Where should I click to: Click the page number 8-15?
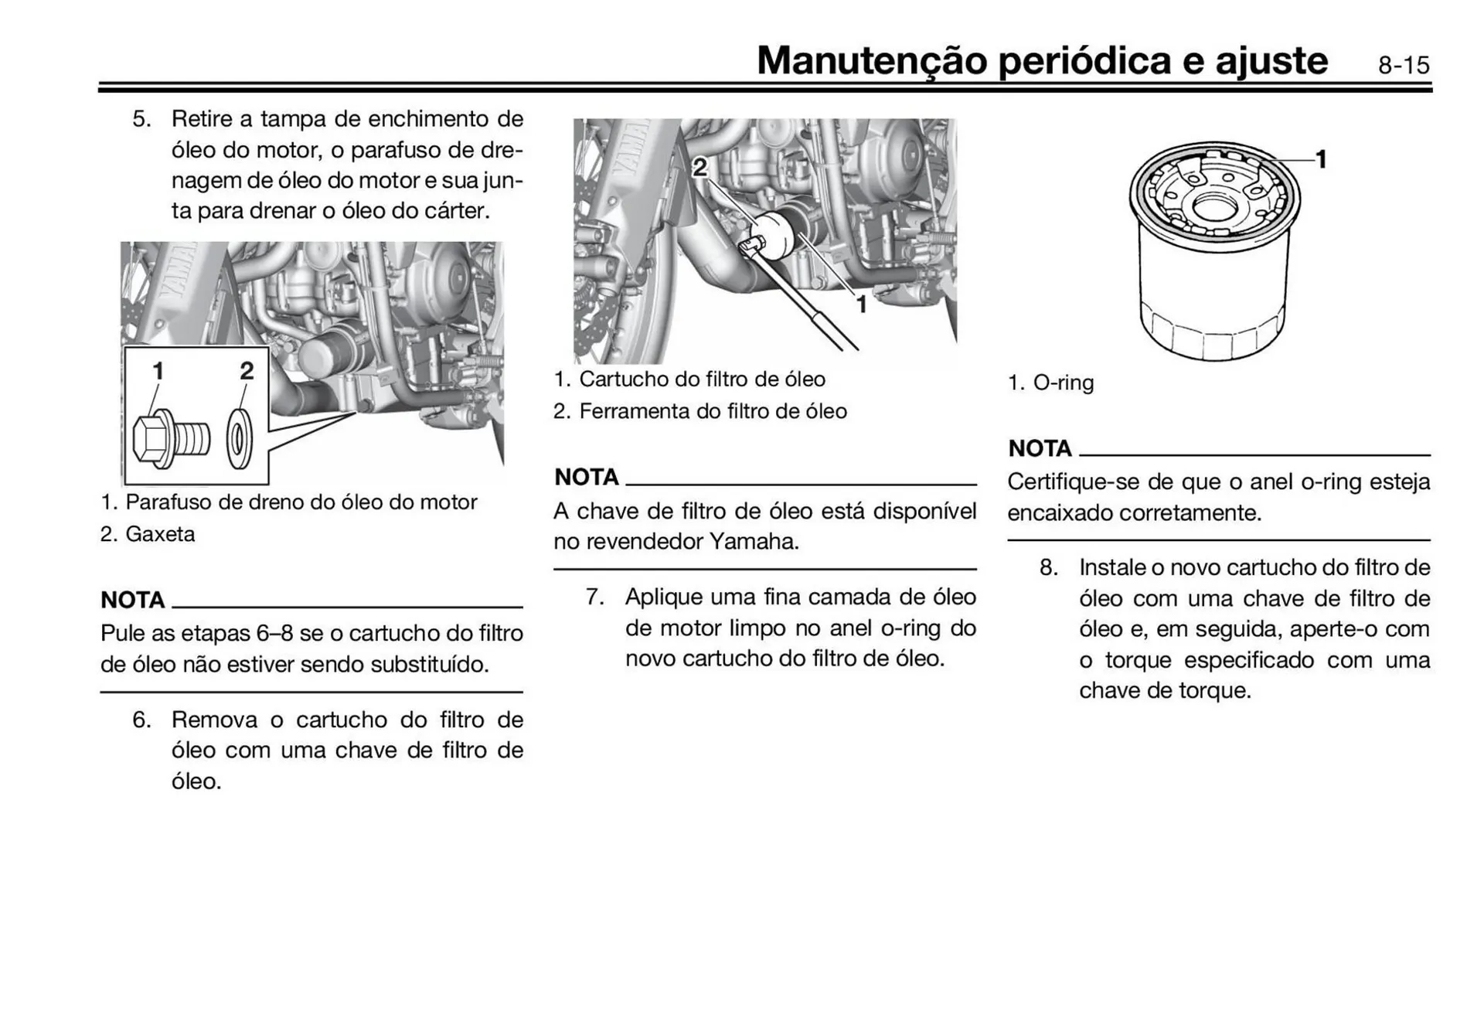tap(1403, 65)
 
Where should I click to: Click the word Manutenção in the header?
tap(871, 60)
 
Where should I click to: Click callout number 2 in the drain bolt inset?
tap(247, 371)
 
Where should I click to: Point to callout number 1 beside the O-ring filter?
tap(1321, 159)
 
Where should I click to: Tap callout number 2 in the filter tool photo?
tap(699, 167)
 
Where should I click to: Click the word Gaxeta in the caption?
tap(160, 534)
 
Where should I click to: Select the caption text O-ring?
tap(1063, 383)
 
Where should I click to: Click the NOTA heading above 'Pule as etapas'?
tap(132, 600)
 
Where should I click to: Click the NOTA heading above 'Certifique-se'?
tap(1040, 448)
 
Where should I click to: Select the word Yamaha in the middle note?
tap(754, 542)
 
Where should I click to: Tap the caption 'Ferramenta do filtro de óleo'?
tap(713, 411)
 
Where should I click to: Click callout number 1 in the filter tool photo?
tap(861, 305)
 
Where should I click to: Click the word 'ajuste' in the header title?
tap(1271, 60)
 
